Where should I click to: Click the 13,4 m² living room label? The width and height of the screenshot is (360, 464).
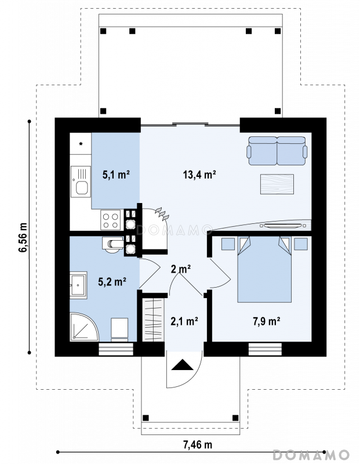[x=199, y=175]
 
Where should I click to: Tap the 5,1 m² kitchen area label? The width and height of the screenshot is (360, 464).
[x=116, y=175]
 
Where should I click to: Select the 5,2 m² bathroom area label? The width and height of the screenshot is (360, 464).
[x=112, y=281]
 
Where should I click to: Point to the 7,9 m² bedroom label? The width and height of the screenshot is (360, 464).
[x=267, y=321]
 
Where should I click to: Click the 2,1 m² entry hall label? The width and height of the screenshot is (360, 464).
[x=184, y=321]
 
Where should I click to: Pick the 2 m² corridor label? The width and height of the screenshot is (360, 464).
[x=181, y=269]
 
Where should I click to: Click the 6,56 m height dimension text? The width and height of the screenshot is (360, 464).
[x=23, y=237]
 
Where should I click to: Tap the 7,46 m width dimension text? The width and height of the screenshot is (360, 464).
[x=198, y=444]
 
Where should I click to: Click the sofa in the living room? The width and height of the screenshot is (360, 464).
[x=277, y=151]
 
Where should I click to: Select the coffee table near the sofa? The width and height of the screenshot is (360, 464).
[x=277, y=184]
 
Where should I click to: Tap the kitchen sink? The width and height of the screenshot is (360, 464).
[x=81, y=182]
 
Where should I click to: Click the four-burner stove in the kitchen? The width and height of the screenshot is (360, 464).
[x=110, y=220]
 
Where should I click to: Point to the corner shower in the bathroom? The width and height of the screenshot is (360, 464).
[x=83, y=327]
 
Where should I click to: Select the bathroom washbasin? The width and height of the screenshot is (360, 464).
[x=78, y=285]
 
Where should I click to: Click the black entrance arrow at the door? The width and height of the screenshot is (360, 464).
[x=182, y=365]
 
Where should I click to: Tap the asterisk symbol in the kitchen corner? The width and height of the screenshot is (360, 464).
[x=81, y=144]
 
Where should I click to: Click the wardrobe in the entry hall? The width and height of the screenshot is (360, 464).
[x=153, y=320]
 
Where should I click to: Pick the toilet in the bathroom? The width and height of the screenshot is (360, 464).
[x=112, y=245]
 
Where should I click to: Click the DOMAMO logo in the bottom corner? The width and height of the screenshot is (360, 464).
[x=311, y=454]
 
